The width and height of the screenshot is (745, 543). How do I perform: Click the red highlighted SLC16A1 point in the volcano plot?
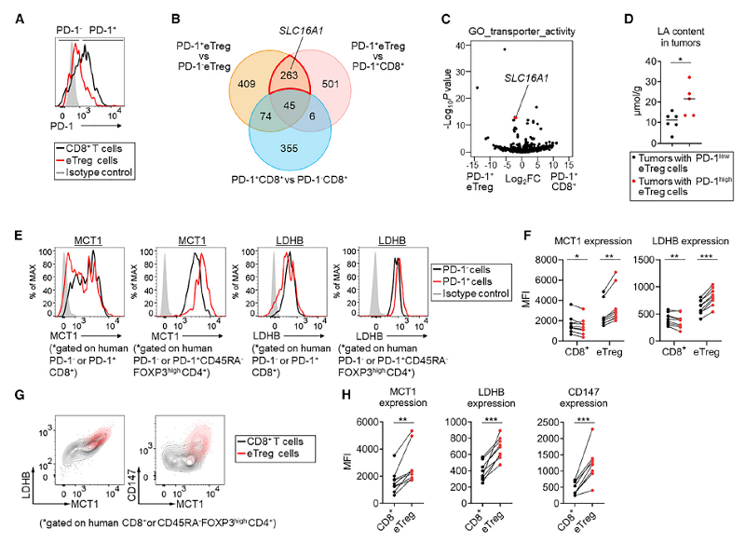click(x=514, y=117)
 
